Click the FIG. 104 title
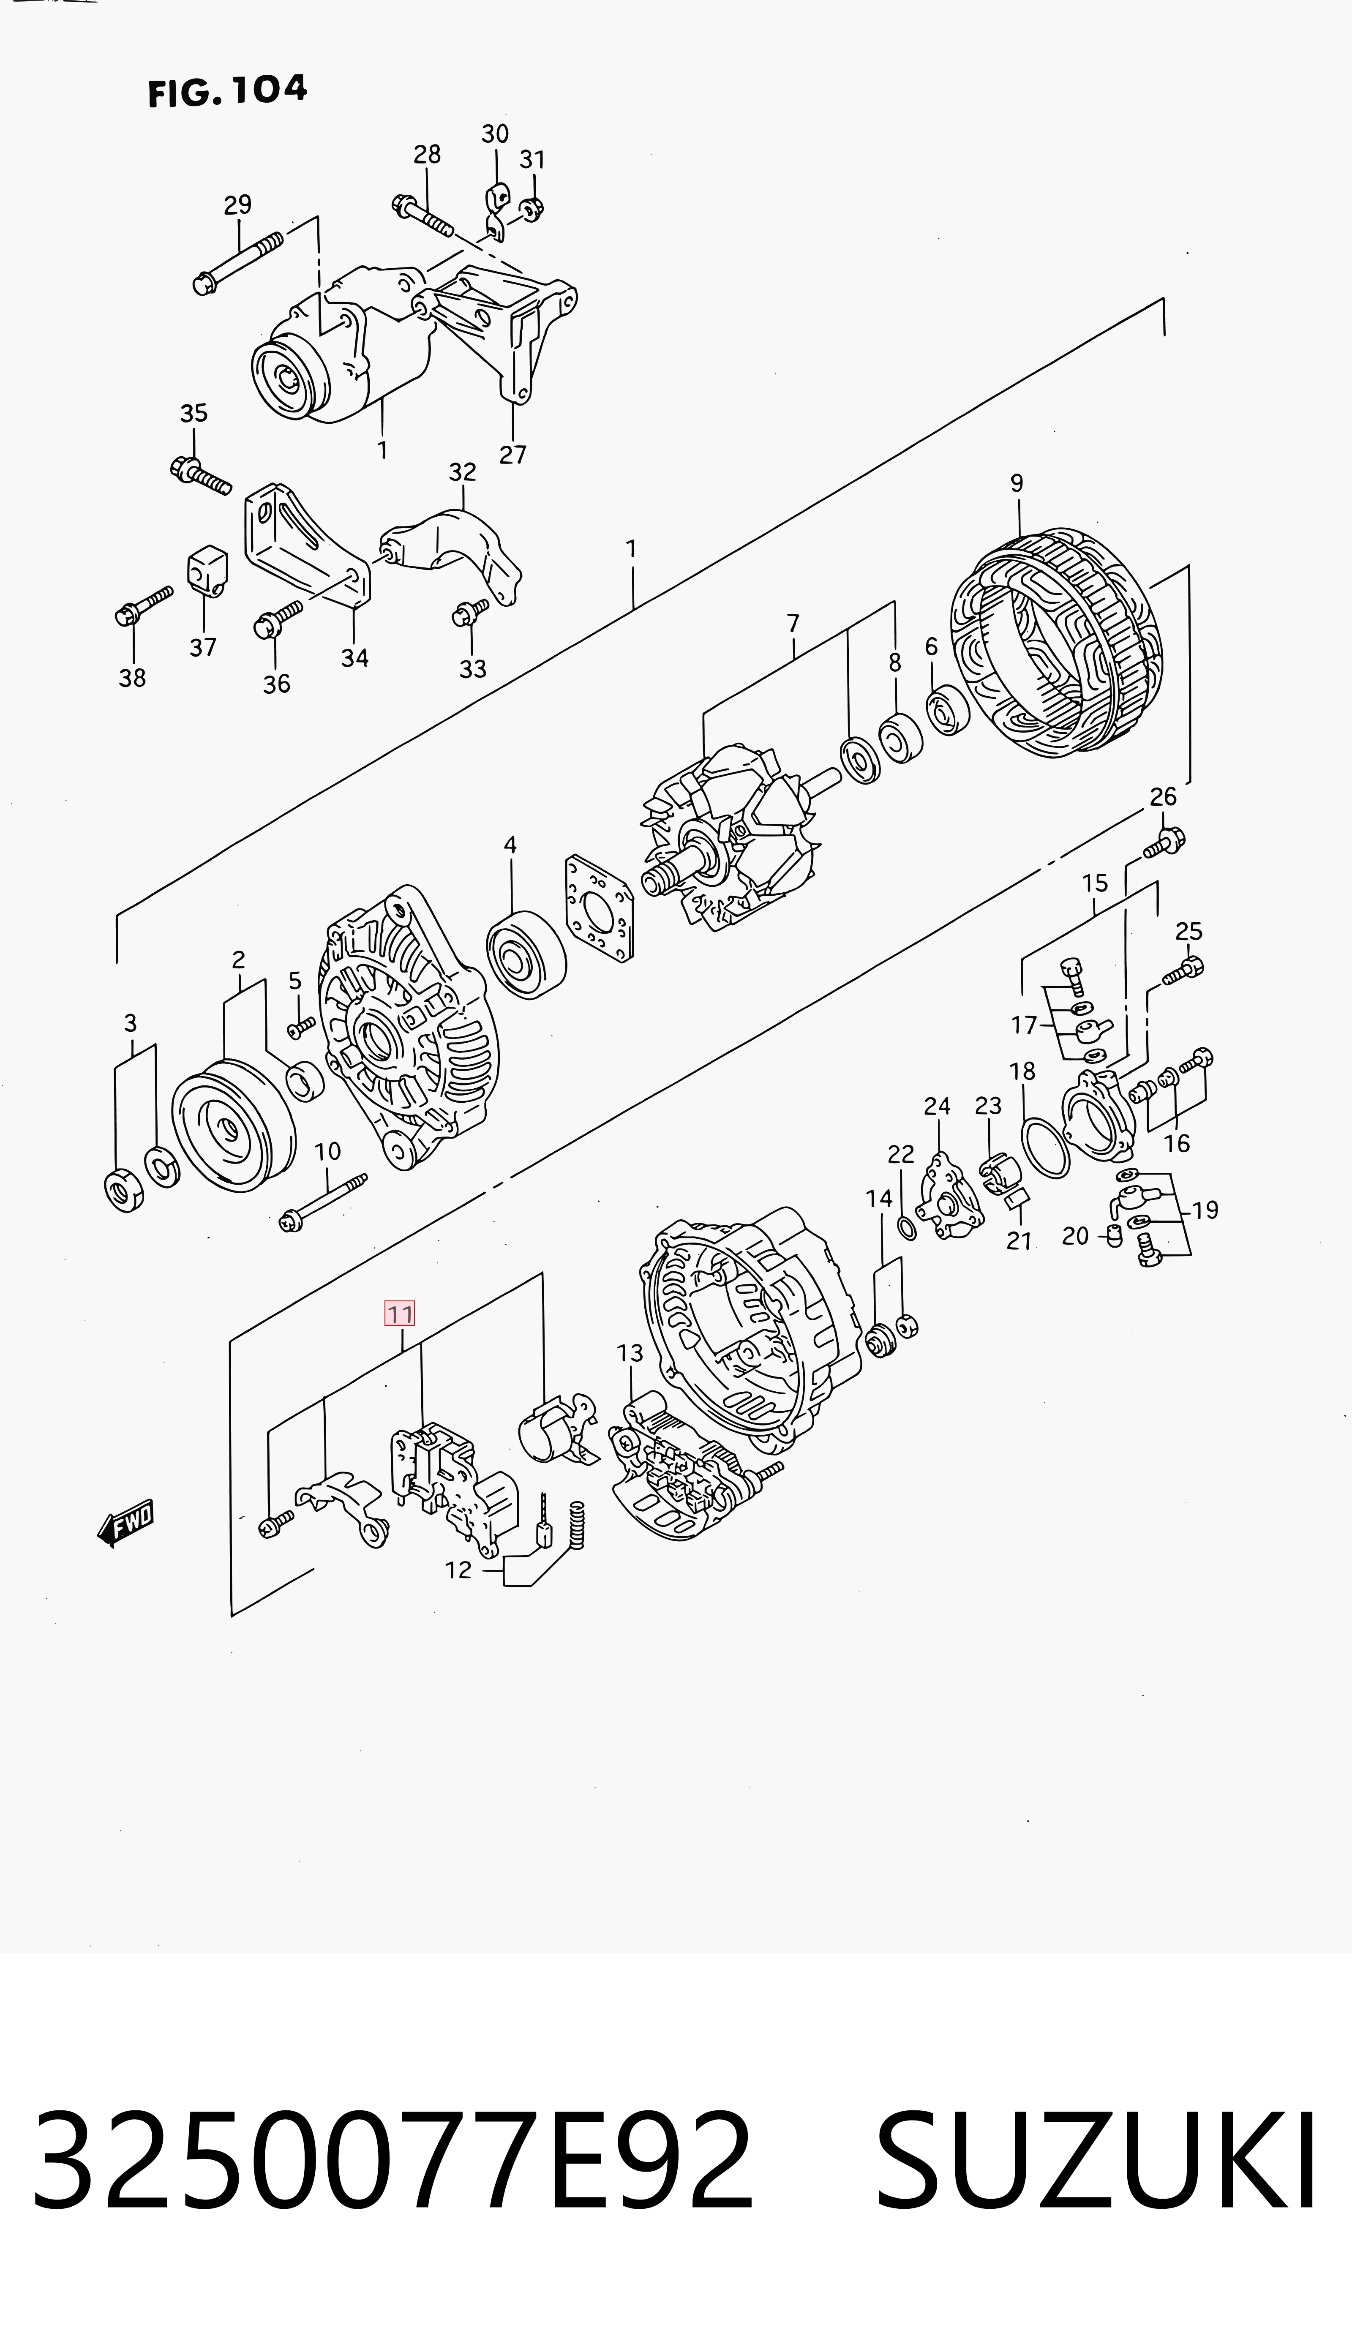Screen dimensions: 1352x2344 point(227,91)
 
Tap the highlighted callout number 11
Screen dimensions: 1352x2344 point(400,1314)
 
